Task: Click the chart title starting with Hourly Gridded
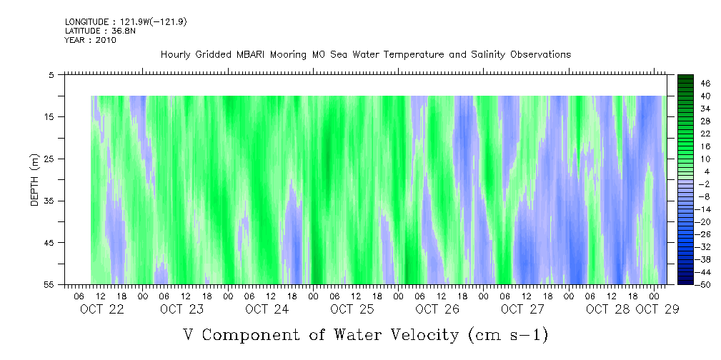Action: point(365,54)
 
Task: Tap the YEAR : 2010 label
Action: point(90,40)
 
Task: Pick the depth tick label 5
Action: point(51,74)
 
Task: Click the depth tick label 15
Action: point(49,116)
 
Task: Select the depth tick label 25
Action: point(49,159)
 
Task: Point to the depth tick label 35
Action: point(49,201)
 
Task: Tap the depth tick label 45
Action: point(49,243)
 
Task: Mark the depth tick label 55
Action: point(49,285)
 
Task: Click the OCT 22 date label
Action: point(102,309)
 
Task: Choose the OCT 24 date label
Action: point(267,309)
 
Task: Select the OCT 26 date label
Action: point(437,309)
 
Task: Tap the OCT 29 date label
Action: point(657,309)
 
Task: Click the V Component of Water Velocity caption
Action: point(365,334)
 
